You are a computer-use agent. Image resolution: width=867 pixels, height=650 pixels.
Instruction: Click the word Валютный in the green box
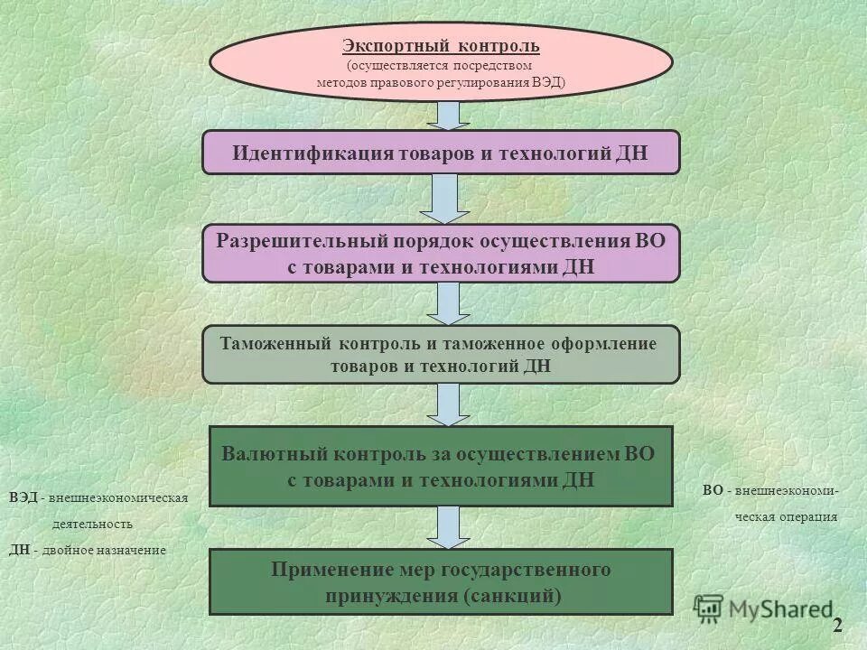click(270, 454)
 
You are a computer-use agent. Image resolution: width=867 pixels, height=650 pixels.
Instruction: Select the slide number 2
click(837, 625)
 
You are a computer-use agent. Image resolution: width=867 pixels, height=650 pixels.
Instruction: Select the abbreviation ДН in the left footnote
click(20, 550)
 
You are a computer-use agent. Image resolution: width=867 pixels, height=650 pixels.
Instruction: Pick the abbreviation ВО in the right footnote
click(712, 491)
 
